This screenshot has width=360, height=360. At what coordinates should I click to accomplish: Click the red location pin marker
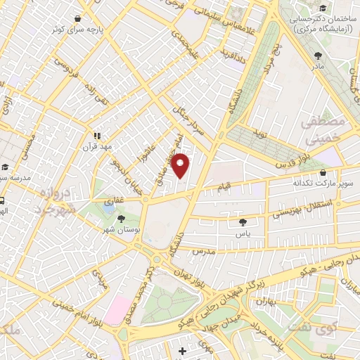181,166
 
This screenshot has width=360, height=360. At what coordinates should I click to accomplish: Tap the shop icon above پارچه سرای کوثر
77,19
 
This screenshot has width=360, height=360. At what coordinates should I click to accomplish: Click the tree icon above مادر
319,55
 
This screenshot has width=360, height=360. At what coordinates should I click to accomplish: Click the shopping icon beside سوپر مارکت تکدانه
323,172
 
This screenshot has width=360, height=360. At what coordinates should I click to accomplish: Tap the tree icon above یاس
243,222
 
